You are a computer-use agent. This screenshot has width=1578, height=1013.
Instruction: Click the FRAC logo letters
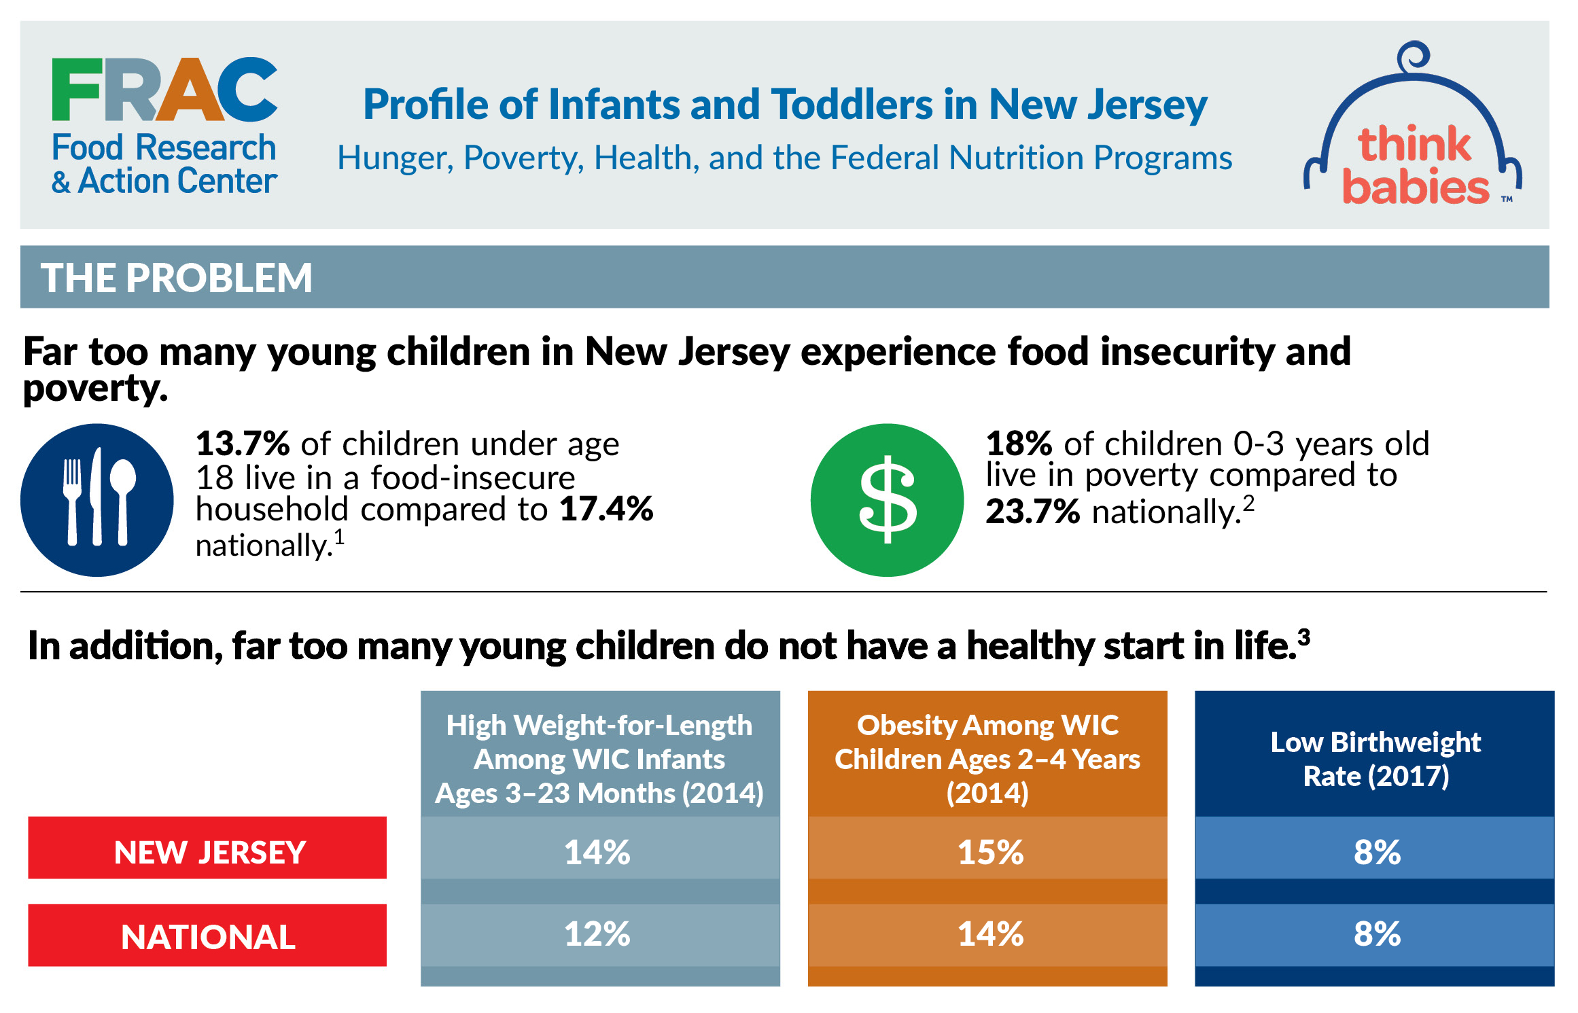[x=164, y=89]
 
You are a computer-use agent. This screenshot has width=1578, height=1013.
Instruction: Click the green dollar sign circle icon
[x=887, y=500]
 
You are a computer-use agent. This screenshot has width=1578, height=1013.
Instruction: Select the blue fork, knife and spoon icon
[x=97, y=500]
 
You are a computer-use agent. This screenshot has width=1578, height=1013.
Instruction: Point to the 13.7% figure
[x=243, y=444]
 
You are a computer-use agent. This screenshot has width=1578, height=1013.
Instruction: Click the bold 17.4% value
[x=606, y=509]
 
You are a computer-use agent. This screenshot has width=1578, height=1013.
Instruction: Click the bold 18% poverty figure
[x=1019, y=444]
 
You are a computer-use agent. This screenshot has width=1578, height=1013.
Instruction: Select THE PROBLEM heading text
[x=177, y=278]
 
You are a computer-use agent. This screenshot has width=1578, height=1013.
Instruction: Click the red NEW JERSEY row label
[x=208, y=852]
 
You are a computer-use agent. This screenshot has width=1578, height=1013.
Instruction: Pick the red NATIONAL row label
[x=208, y=937]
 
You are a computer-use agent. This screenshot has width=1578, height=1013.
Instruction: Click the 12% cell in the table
[x=597, y=934]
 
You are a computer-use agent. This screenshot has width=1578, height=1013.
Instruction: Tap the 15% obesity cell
[x=989, y=852]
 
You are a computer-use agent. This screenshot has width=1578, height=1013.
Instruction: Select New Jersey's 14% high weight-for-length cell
[x=597, y=852]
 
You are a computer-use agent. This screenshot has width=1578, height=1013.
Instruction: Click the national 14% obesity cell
[x=989, y=934]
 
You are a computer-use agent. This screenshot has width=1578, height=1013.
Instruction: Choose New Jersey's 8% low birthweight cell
[x=1376, y=852]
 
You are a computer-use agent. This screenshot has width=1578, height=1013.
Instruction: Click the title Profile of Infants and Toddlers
[x=784, y=105]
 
